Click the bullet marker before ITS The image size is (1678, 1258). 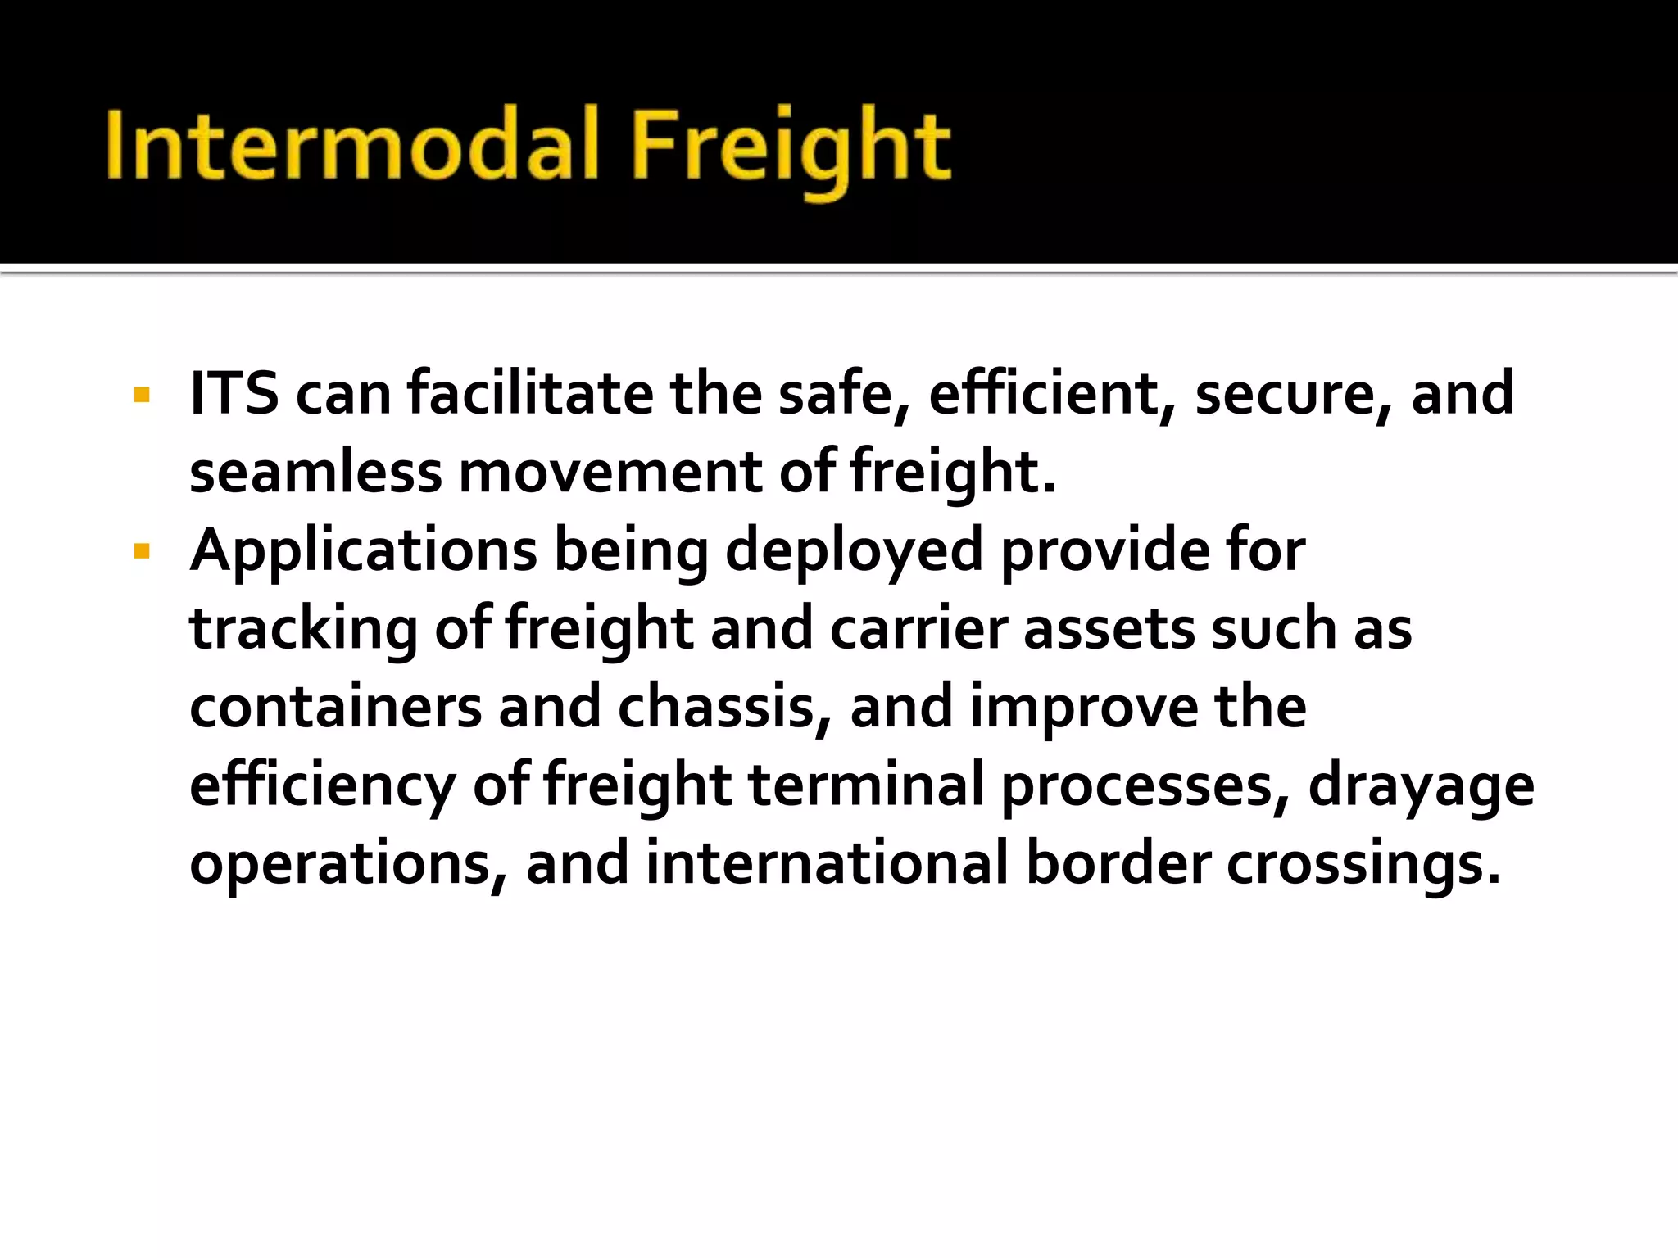142,396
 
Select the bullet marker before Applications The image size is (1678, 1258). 142,552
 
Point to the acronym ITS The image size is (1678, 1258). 234,394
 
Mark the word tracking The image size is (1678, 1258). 303,630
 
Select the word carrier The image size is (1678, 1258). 918,630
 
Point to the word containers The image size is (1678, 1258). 335,707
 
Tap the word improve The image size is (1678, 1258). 1084,707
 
